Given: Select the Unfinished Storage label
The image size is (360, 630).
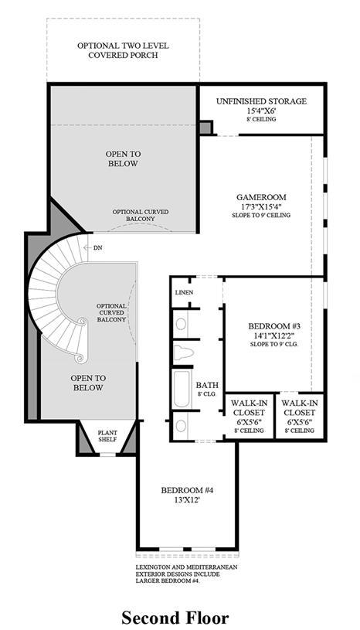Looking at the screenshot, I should [x=261, y=101].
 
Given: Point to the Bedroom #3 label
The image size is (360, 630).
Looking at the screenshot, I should [x=268, y=325].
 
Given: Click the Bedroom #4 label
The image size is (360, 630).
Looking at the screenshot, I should [x=186, y=490].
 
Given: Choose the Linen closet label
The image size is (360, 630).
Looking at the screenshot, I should [x=184, y=293].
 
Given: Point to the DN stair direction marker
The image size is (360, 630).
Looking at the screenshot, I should [x=97, y=248].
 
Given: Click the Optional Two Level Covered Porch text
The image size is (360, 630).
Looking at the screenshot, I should [x=123, y=50].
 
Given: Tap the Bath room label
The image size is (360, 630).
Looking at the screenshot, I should [x=206, y=384].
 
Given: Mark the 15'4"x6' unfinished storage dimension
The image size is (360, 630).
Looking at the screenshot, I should [x=261, y=111].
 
